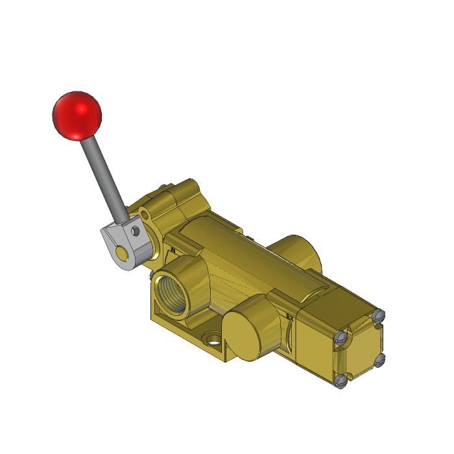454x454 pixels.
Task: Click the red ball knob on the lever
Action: (x=77, y=115)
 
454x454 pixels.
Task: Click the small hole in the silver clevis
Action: (x=136, y=230)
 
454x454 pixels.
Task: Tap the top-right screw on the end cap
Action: (x=379, y=316)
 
